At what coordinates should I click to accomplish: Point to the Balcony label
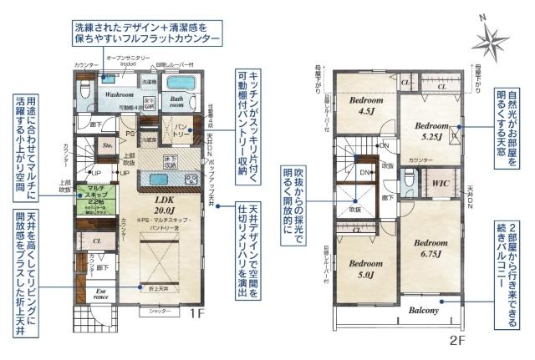click(x=424, y=311)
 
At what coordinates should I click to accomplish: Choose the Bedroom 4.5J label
click(x=364, y=105)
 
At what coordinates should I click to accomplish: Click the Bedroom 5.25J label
click(x=430, y=131)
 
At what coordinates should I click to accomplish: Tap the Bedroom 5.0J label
click(x=364, y=265)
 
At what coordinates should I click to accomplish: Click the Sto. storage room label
click(x=107, y=145)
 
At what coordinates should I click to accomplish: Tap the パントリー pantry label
click(x=181, y=134)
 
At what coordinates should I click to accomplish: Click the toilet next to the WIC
click(x=407, y=181)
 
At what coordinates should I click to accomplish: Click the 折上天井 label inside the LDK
click(x=160, y=287)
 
